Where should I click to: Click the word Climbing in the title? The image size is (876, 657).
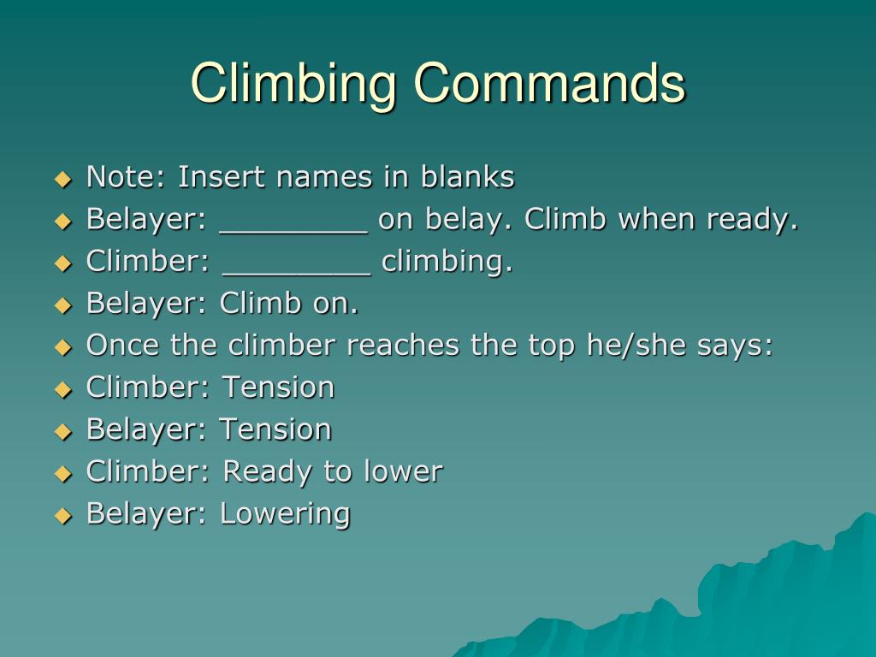click(293, 85)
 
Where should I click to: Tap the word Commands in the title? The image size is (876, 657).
click(549, 83)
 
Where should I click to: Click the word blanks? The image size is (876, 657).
click(467, 177)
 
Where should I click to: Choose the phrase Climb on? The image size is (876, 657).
click(289, 304)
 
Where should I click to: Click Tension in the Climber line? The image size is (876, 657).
click(278, 388)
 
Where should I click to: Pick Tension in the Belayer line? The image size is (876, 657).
click(275, 429)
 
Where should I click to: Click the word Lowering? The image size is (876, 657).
click(285, 514)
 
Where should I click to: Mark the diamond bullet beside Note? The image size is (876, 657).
click(62, 179)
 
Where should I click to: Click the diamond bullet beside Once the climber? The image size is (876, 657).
click(62, 347)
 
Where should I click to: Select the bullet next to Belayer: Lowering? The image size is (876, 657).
click(62, 516)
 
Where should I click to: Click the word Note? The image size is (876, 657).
click(127, 177)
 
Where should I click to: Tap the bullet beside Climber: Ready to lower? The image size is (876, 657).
click(62, 473)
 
